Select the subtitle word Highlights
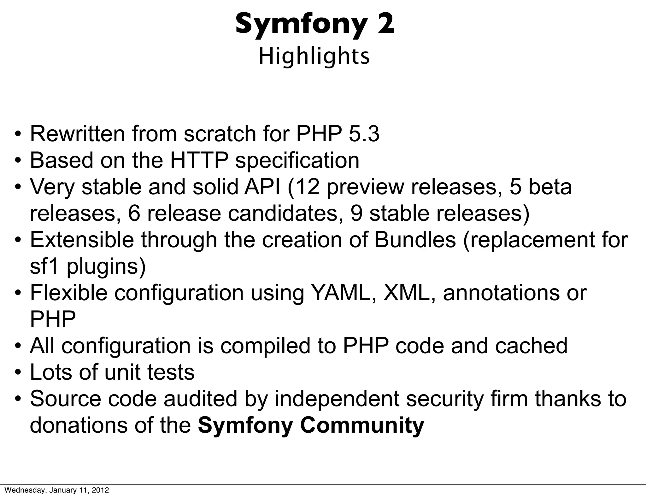[314, 57]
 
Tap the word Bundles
[415, 240]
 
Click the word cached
[531, 346]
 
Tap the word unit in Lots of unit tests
[122, 372]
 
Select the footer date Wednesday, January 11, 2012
[57, 490]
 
